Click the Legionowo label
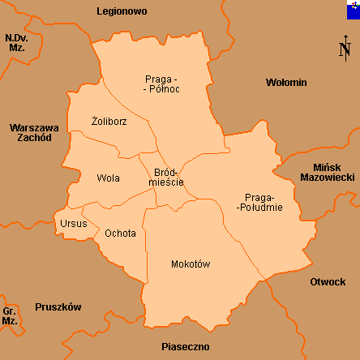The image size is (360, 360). coord(121,12)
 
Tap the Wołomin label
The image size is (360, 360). coord(286,83)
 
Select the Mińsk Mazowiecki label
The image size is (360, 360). coord(328,171)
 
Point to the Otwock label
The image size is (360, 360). coord(328,282)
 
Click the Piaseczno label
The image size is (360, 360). coord(185,347)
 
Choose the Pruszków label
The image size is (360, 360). coord(58,307)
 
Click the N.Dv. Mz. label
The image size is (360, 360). coord(15,43)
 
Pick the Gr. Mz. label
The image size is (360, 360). coord(10,316)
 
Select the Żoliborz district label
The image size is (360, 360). coord(109,122)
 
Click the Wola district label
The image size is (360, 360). coord(108,178)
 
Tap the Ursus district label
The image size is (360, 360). coord(73,223)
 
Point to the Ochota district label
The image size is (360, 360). coord(121,234)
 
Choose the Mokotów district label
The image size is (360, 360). coord(191,264)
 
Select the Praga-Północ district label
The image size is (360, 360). coord(162,84)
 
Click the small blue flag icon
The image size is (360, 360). coord(351,10)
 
